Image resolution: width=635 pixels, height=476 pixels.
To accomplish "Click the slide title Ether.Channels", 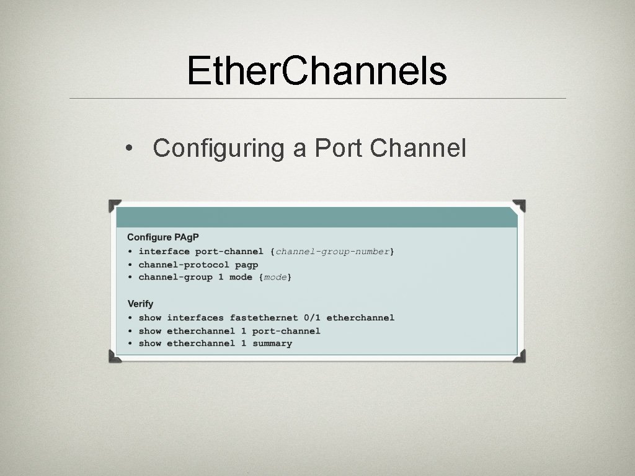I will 317,71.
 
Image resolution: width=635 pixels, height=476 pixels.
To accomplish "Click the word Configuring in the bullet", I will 218,148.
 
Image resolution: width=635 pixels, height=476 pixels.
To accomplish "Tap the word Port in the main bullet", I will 339,148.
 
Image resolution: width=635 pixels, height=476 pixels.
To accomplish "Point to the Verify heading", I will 140,304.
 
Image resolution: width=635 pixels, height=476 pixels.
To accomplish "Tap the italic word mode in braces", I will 275,278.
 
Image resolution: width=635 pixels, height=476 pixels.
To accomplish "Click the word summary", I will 272,343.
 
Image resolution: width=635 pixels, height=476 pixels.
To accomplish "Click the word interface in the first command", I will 164,252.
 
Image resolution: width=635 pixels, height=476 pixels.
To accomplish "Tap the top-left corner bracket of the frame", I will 115,205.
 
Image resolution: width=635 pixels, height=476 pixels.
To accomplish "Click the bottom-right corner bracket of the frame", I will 519,356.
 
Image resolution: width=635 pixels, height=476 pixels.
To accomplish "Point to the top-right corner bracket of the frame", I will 519,205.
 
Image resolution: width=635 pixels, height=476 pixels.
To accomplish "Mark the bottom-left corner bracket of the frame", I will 115,356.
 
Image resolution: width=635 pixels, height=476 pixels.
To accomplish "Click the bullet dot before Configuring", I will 127,149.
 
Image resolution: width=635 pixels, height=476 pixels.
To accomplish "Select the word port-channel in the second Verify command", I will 286,331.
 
